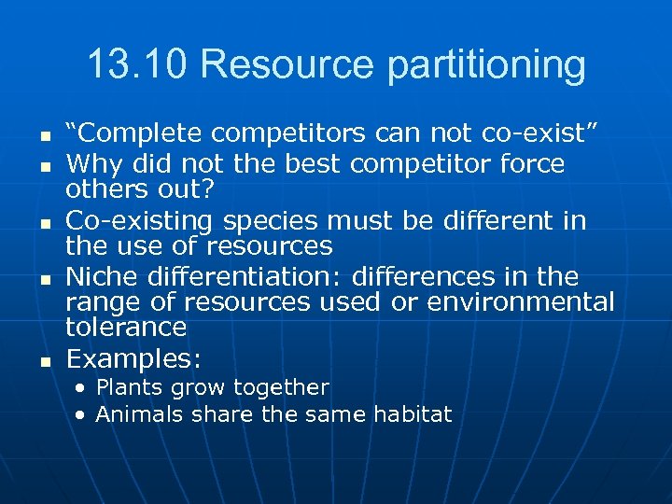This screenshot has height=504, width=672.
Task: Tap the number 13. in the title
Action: point(110,65)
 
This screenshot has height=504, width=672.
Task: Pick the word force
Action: point(532,164)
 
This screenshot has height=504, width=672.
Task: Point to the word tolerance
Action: point(126,327)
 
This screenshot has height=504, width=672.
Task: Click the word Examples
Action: point(134,359)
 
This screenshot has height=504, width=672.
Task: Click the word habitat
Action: point(413,414)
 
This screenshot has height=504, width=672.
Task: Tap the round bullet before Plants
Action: point(83,388)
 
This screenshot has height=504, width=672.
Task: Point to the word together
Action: point(281,388)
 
